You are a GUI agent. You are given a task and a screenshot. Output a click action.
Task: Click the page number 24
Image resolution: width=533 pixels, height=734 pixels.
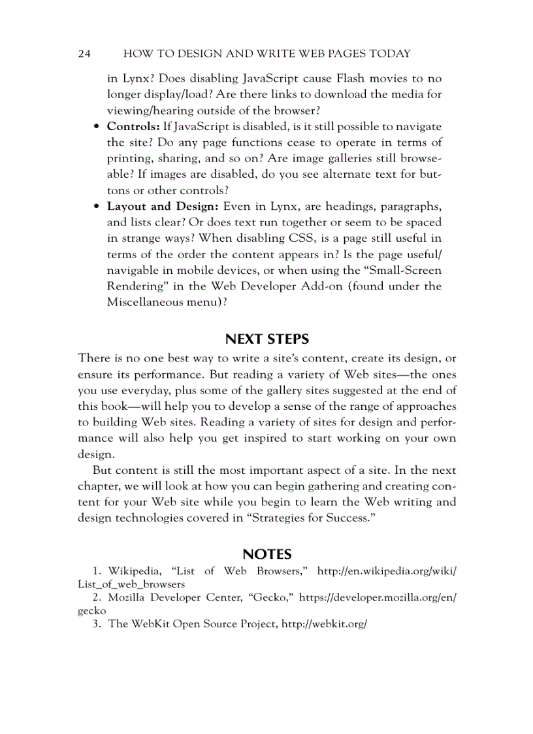tap(84, 54)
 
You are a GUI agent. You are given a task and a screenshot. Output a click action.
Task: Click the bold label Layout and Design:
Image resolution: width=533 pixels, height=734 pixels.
tap(163, 207)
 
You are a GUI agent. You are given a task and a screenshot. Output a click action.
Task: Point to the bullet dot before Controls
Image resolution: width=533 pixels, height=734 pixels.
tap(97, 127)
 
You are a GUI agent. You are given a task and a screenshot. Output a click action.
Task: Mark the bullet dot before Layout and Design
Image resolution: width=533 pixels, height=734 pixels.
tap(97, 207)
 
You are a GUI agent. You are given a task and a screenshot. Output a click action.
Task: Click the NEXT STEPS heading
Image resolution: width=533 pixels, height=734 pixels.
tap(266, 339)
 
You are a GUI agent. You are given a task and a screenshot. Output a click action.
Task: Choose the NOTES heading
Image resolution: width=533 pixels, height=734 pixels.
tap(266, 554)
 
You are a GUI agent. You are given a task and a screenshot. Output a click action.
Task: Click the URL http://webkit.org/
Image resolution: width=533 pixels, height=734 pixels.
tap(324, 624)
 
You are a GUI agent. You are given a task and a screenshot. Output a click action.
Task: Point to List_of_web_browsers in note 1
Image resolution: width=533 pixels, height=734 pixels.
tap(131, 584)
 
